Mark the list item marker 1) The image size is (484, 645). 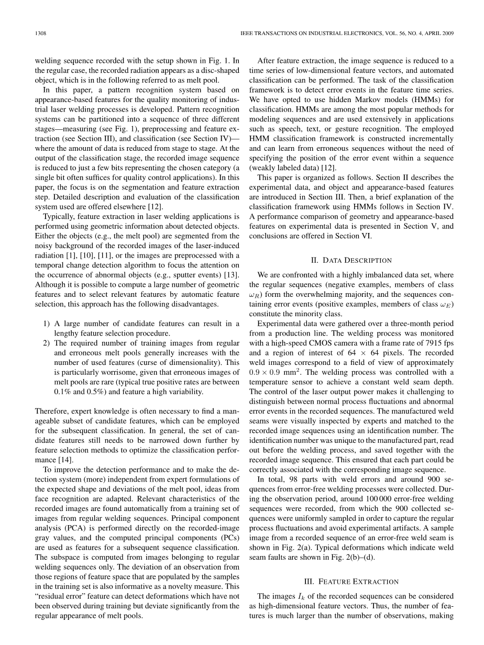[47, 324]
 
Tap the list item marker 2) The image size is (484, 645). [47, 343]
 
